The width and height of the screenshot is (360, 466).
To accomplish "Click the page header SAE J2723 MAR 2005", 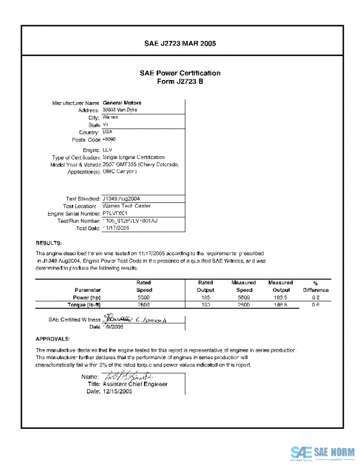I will click(180, 44).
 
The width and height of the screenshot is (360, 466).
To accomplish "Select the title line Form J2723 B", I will click(180, 82).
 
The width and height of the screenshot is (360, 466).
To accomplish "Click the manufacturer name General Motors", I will click(122, 103).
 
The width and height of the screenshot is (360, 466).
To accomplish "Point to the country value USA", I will click(107, 132).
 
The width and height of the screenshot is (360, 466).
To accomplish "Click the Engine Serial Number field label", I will click(73, 213).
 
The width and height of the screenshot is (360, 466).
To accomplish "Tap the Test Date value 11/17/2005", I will click(116, 228).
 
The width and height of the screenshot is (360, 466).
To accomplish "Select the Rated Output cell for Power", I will click(206, 297).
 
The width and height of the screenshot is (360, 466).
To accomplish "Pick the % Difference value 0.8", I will click(316, 297).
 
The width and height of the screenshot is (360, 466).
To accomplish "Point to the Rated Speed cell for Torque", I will click(143, 305).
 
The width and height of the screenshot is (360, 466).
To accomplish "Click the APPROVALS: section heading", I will click(53, 339).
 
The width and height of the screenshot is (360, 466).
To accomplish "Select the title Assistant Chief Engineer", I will click(135, 384).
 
